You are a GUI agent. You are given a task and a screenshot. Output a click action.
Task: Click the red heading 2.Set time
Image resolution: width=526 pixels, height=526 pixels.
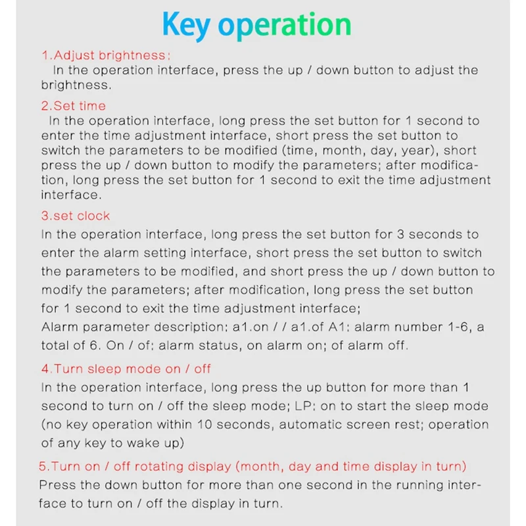73,105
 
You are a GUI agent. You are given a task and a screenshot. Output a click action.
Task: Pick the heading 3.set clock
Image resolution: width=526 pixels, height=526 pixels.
75,216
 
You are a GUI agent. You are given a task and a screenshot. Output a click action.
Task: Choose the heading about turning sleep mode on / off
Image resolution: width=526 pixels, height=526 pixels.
126,369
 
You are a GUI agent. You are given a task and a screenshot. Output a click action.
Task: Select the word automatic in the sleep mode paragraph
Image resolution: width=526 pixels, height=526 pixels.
327,424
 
